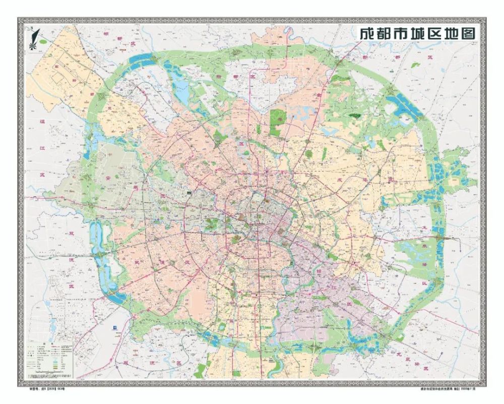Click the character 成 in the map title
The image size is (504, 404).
click(366, 34)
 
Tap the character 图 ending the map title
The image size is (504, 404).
click(468, 34)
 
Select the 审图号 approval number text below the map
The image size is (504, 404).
click(46, 389)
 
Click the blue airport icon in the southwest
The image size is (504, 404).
click(114, 327)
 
